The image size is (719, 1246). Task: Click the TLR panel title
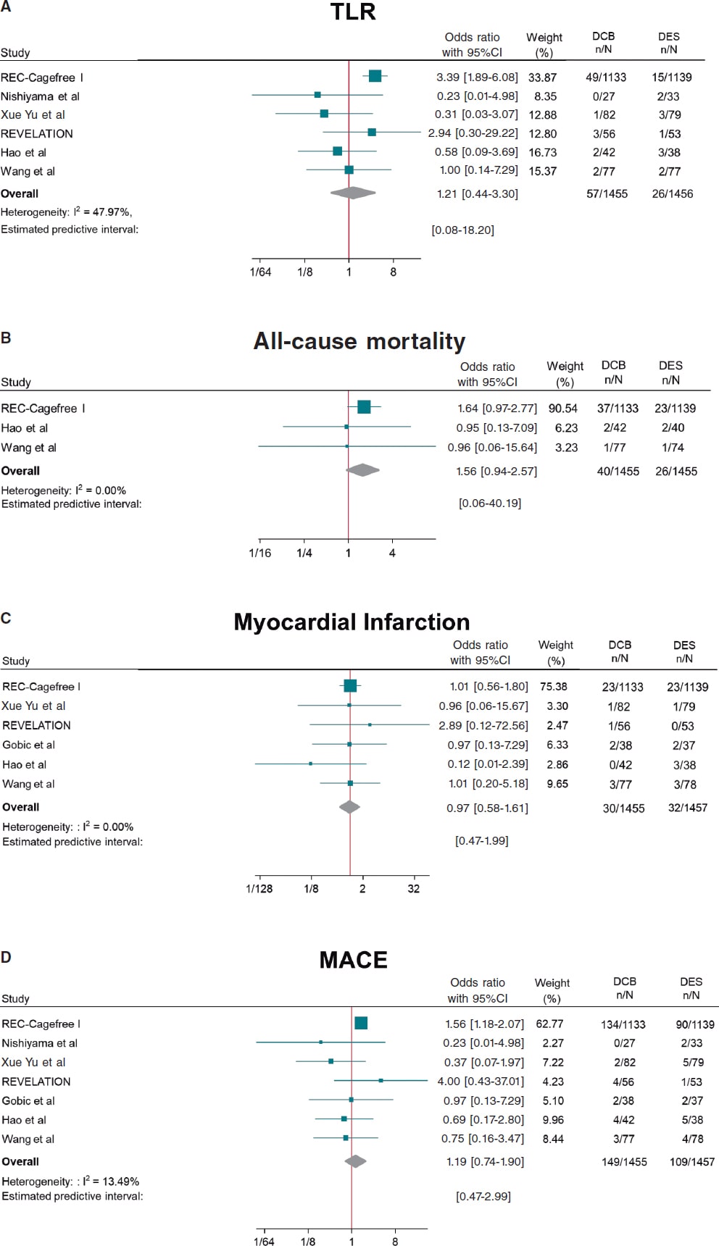(x=353, y=12)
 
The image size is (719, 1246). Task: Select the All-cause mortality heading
(x=359, y=341)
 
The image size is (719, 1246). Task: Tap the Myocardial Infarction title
(x=352, y=622)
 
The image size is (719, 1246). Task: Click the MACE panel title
(x=353, y=960)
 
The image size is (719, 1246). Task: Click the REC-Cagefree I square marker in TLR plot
(x=375, y=77)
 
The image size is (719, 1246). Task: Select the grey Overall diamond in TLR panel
(x=353, y=193)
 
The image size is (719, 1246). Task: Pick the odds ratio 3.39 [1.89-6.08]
(x=477, y=78)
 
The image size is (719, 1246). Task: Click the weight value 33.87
(x=542, y=78)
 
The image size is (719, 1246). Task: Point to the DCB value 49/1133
(x=606, y=78)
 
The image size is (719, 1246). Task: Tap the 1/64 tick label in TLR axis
(x=260, y=272)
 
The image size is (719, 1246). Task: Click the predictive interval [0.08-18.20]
(x=462, y=230)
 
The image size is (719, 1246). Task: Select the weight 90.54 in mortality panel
(x=562, y=409)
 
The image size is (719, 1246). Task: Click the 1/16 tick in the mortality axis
(x=259, y=553)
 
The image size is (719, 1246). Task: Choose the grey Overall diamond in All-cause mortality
(x=362, y=470)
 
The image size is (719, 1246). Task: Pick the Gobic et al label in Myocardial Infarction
(x=28, y=745)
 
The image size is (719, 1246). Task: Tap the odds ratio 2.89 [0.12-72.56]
(x=483, y=725)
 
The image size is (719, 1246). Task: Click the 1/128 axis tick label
(x=259, y=889)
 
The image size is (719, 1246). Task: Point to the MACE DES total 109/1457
(x=691, y=1162)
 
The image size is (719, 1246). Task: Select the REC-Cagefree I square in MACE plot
(x=361, y=1023)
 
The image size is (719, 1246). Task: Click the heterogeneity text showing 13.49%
(x=70, y=1181)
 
